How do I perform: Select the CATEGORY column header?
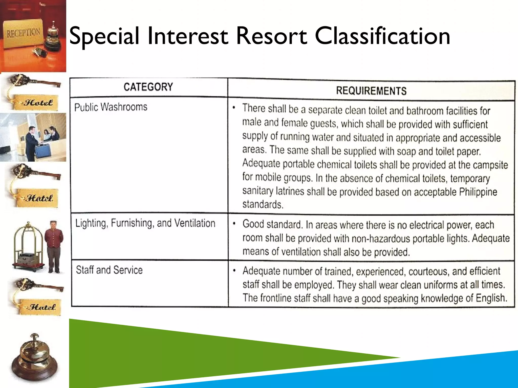[x=148, y=87]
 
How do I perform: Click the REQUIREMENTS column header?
[x=371, y=91]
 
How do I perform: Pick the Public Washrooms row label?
[x=111, y=107]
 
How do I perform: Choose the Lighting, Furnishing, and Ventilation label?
[x=145, y=223]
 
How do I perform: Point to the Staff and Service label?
[x=109, y=270]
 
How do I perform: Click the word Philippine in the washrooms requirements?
[x=478, y=192]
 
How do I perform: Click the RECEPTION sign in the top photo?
[x=23, y=33]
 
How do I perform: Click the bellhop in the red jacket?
[x=54, y=246]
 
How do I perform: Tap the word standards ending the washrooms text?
[x=263, y=204]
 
